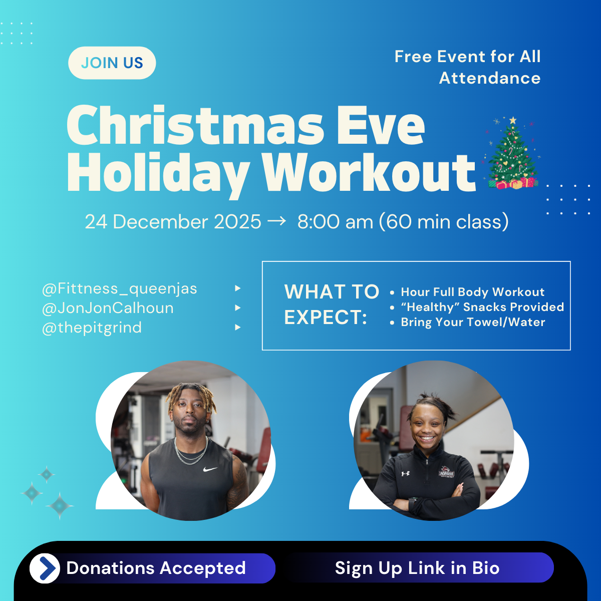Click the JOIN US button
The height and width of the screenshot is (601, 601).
[x=112, y=63]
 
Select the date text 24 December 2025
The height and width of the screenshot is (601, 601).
[x=173, y=222]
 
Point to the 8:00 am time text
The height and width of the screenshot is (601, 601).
[x=335, y=222]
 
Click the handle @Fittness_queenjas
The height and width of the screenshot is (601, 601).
[x=120, y=288]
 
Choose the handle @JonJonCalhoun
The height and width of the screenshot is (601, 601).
[x=108, y=308]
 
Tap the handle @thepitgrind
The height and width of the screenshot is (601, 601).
[x=92, y=328]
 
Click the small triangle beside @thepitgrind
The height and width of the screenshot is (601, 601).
[x=238, y=328]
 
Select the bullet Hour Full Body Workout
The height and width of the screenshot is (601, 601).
[x=472, y=292]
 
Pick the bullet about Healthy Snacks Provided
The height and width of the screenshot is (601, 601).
[x=482, y=307]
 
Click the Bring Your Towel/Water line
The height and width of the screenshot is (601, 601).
[x=473, y=322]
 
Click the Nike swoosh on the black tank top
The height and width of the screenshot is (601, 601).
[x=210, y=469]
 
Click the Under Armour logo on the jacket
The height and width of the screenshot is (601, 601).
[x=405, y=473]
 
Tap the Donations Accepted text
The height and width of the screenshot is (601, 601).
[x=156, y=568]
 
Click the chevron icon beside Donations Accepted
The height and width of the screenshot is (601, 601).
[x=46, y=568]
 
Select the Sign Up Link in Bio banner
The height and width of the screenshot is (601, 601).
[x=417, y=568]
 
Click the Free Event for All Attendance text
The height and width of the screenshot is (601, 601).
[x=467, y=67]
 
